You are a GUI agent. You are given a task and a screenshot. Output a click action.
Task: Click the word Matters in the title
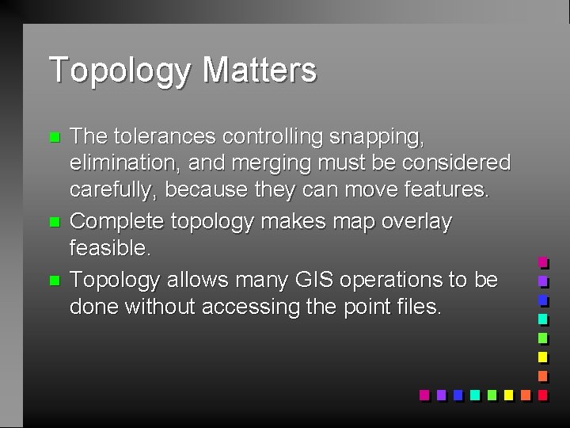[260, 70]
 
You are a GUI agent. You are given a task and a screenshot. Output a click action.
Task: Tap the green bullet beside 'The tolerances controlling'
[54, 136]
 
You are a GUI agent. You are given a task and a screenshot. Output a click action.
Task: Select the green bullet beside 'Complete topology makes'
[54, 222]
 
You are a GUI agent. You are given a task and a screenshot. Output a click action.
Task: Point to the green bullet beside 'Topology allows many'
[54, 280]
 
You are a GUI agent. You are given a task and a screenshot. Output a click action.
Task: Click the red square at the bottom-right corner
[542, 395]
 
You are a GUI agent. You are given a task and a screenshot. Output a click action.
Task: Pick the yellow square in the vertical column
[542, 357]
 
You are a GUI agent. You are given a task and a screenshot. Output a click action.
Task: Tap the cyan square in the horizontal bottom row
[474, 395]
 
